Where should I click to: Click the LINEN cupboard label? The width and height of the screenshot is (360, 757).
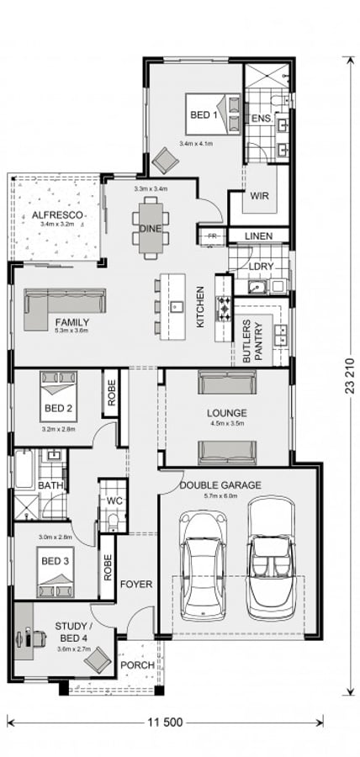click(258, 237)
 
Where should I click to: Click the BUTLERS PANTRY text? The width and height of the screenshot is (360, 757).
click(253, 341)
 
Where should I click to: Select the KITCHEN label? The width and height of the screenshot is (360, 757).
click(200, 307)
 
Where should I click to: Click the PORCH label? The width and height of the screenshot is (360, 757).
click(138, 664)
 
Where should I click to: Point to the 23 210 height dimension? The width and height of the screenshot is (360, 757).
click(347, 375)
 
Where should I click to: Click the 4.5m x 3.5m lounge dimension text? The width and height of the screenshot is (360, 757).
click(226, 426)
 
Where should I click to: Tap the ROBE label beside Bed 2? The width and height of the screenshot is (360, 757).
click(111, 392)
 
